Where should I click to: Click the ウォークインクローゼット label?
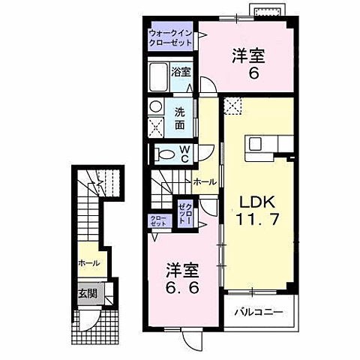tap(172, 38)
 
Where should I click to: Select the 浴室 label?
tap(181, 73)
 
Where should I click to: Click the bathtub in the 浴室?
tap(159, 76)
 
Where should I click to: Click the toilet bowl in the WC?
tap(164, 155)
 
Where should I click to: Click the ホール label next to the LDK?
tap(205, 181)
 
